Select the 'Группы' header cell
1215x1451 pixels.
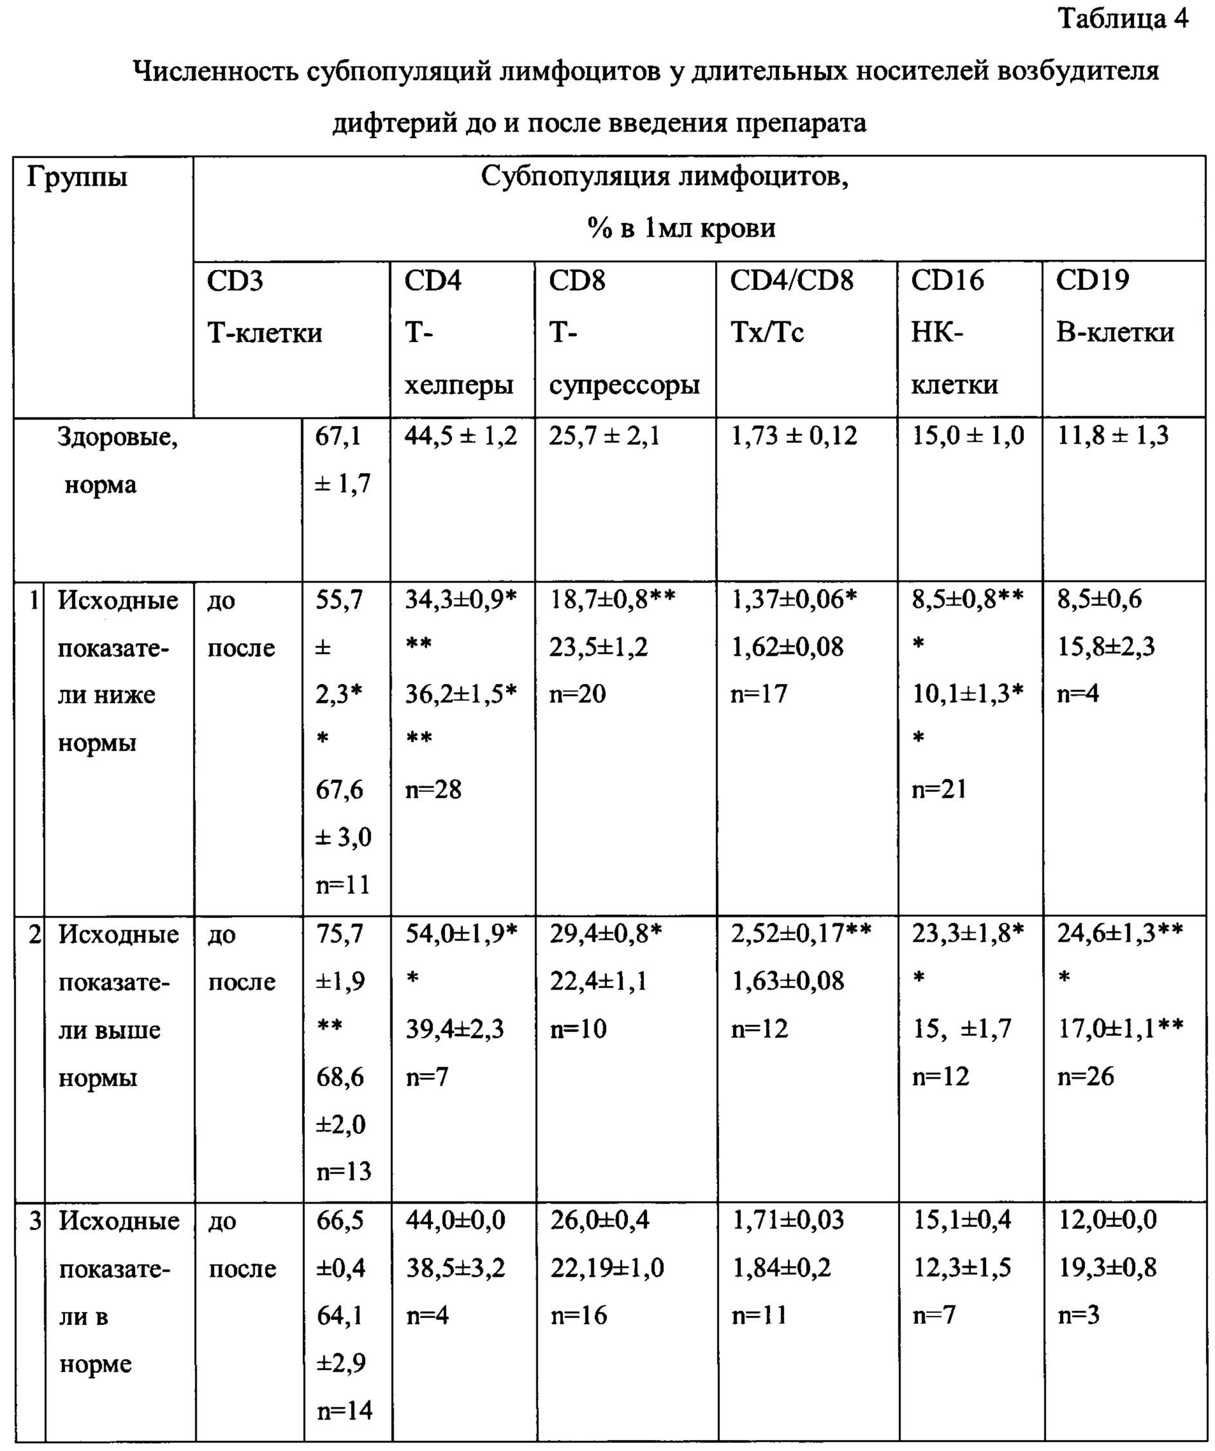coord(77,178)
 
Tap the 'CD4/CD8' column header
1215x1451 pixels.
coord(791,280)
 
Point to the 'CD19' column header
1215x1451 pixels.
coord(1092,280)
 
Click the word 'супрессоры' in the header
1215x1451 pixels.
coord(624,385)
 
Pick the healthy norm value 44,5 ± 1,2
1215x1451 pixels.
coord(461,436)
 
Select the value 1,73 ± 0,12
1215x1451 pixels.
coord(794,436)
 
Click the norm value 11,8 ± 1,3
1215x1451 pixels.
coord(1113,436)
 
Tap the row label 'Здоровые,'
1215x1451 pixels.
coord(118,437)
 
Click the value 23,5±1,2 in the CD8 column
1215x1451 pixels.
coord(599,647)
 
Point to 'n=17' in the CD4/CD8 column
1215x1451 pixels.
coord(759,694)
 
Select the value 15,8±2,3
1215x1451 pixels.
coord(1106,647)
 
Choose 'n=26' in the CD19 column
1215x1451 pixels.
coord(1086,1076)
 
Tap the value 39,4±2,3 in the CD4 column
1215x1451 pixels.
coord(455,1029)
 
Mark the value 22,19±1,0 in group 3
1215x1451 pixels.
coord(607,1268)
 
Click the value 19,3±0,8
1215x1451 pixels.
coord(1107,1268)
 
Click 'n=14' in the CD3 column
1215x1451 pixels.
coord(344,1410)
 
